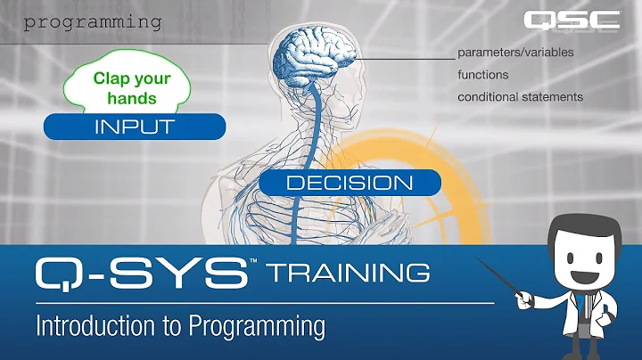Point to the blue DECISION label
[x=350, y=183]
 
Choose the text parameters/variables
[x=515, y=52]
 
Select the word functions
[x=483, y=74]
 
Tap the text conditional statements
[x=521, y=96]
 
